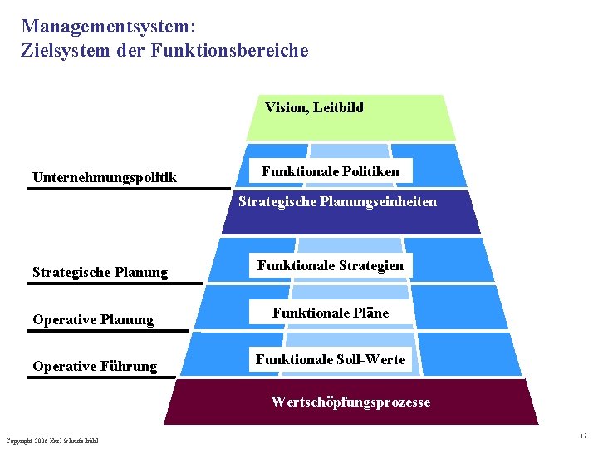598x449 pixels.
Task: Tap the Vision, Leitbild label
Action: (x=314, y=107)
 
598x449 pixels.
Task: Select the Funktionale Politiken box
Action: (x=331, y=171)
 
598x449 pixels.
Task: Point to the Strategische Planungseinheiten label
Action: (x=337, y=201)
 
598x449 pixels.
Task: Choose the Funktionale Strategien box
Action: (x=331, y=265)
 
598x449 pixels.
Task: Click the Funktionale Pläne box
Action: (x=331, y=313)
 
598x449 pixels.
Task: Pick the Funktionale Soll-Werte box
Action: (x=331, y=359)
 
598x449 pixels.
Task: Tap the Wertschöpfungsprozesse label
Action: (x=350, y=402)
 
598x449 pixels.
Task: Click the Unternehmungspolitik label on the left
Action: (x=104, y=177)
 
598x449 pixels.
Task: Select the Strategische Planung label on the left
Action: (x=100, y=272)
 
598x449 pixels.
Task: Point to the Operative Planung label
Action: (x=93, y=319)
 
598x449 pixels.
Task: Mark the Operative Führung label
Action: (x=95, y=366)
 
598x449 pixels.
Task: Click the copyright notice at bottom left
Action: (x=51, y=440)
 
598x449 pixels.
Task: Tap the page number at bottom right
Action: (x=584, y=437)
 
